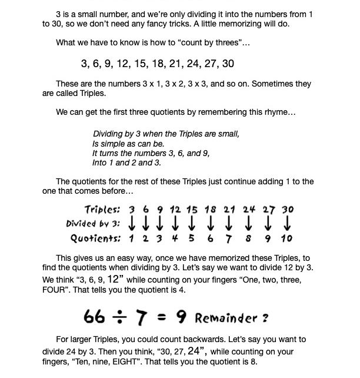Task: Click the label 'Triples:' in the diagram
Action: tap(102, 210)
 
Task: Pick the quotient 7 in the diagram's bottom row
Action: tap(229, 238)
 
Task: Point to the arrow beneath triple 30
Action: tap(288, 224)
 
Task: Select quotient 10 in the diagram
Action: tap(286, 238)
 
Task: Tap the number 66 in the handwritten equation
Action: tap(95, 317)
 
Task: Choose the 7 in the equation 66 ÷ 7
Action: tap(141, 317)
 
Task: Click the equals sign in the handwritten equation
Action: tap(162, 318)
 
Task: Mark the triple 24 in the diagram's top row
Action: tap(249, 210)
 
